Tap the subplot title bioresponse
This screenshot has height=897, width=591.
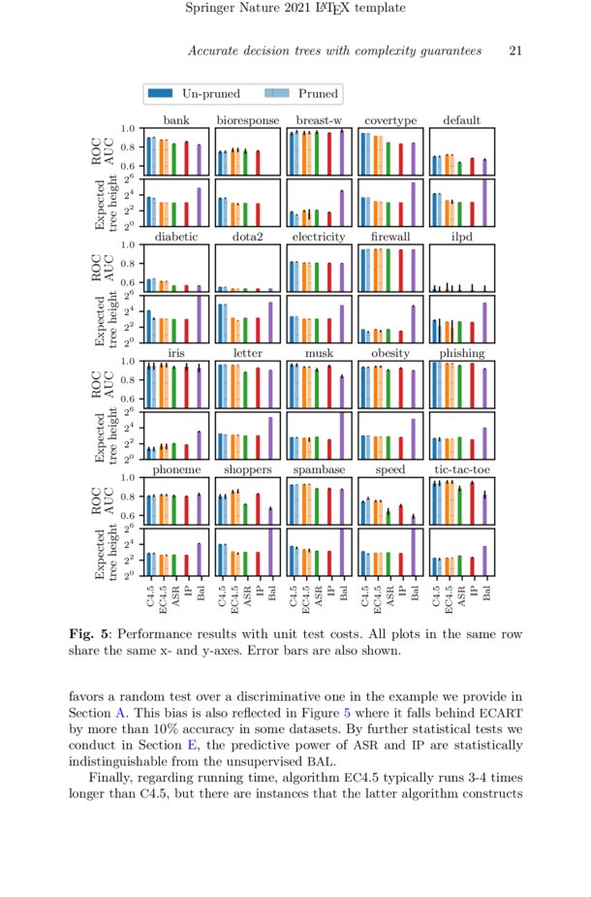tap(247, 120)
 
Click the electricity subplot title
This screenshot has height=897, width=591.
tap(319, 237)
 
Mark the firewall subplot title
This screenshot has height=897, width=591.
tap(390, 237)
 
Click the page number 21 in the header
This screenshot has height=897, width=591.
tap(515, 50)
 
